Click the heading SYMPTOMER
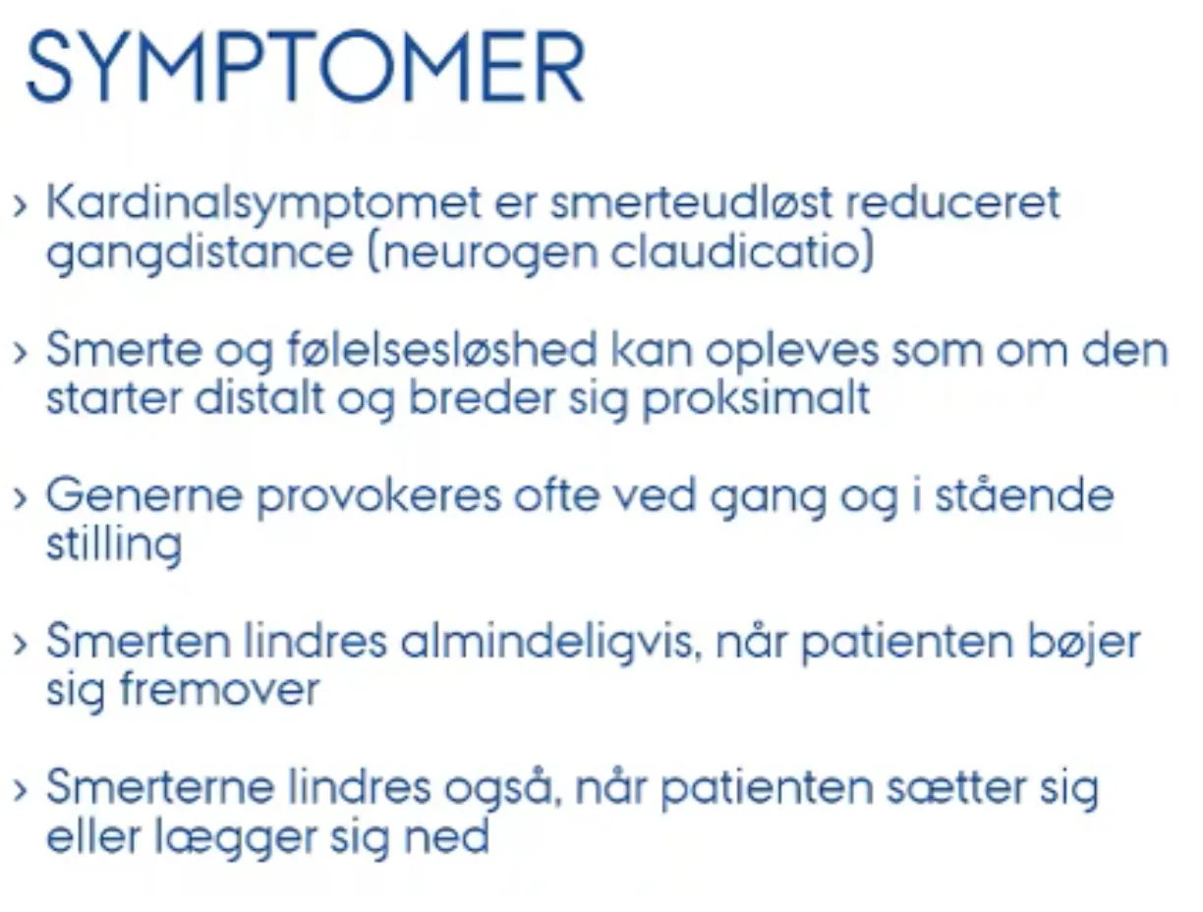click(306, 66)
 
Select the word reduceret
click(953, 202)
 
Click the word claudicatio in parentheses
click(743, 252)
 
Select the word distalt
click(259, 398)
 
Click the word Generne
click(144, 495)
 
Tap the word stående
click(1024, 494)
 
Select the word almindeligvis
click(551, 641)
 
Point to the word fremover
click(220, 689)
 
